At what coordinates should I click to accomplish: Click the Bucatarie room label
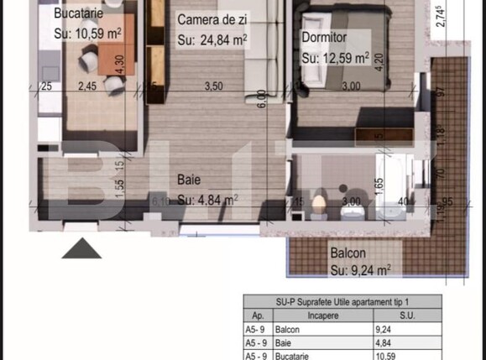pos(80,13)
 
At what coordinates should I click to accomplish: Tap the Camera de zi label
pos(215,19)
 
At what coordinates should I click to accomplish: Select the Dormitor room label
pos(324,38)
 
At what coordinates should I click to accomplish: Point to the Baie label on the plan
pos(188,179)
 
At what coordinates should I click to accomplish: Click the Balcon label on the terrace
pos(347,252)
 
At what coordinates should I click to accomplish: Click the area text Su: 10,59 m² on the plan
pos(86,34)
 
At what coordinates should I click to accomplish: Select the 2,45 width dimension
pos(88,85)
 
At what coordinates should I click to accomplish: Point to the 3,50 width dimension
pos(213,85)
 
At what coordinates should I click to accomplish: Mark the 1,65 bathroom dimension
pos(379,185)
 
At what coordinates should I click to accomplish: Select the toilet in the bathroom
pos(319,205)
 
